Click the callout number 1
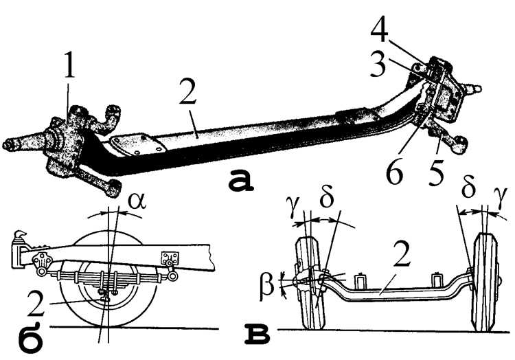pos(69,68)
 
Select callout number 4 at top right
pos(380,32)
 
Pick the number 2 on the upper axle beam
pos(187,91)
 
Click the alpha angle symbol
pos(137,200)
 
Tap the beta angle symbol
pos(267,285)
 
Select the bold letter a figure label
pos(242,180)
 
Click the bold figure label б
pos(30,337)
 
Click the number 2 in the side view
pos(36,304)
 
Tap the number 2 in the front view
pos(402,255)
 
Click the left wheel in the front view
pos(310,284)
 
